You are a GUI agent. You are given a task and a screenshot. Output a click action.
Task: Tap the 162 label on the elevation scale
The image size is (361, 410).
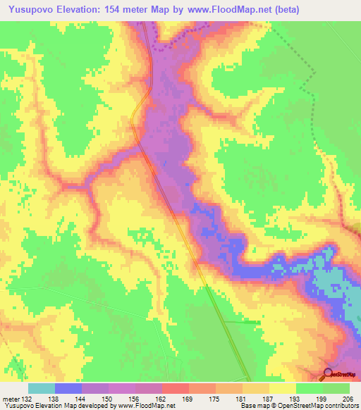(161, 398)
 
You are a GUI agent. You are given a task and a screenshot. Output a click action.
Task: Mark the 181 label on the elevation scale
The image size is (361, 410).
(243, 398)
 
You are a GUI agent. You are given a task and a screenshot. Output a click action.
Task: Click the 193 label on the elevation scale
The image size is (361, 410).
(295, 398)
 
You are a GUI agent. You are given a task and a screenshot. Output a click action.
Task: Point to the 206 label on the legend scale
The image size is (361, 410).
(349, 398)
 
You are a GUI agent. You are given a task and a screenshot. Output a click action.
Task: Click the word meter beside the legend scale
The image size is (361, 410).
(10, 398)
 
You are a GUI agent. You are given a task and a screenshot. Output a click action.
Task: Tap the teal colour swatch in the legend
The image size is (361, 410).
(42, 388)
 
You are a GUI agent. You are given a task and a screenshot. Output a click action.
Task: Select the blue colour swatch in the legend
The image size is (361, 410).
(68, 388)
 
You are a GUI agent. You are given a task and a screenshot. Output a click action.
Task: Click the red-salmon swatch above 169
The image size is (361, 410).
(176, 388)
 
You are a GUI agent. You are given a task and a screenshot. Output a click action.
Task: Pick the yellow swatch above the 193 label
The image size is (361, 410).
(282, 388)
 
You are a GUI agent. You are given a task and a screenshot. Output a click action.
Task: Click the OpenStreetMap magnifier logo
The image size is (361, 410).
(328, 373)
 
